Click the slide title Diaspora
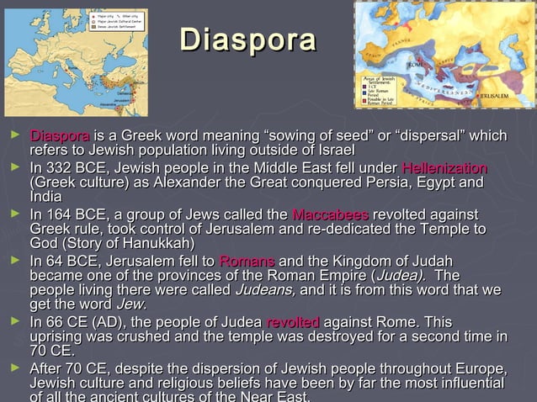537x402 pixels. pos(247,41)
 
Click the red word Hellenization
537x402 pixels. pos(444,169)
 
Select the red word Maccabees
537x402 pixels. pos(329,214)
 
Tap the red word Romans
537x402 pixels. pos(246,260)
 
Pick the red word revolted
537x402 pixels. pos(292,323)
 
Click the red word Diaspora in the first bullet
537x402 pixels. pos(59,136)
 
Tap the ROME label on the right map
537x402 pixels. pos(416,64)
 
